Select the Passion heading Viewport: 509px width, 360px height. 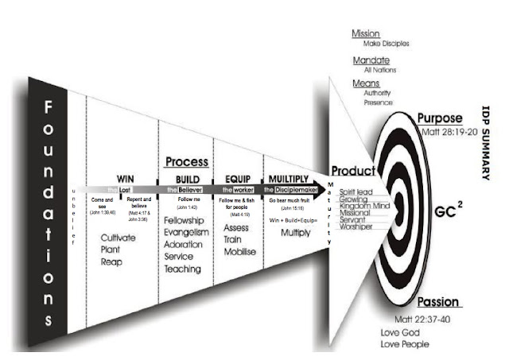coord(439,303)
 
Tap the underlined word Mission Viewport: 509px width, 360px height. coord(366,34)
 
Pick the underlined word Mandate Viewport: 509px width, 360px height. coord(368,60)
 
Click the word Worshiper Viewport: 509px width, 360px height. coord(359,226)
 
